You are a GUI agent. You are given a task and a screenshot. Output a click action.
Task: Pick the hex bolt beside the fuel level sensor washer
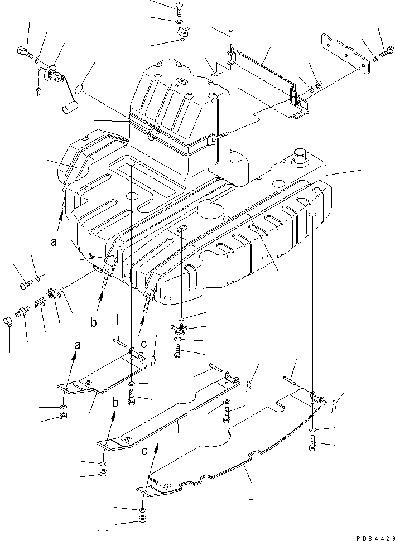point(25,54)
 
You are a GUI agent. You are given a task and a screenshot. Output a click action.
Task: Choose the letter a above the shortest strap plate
point(77,346)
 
